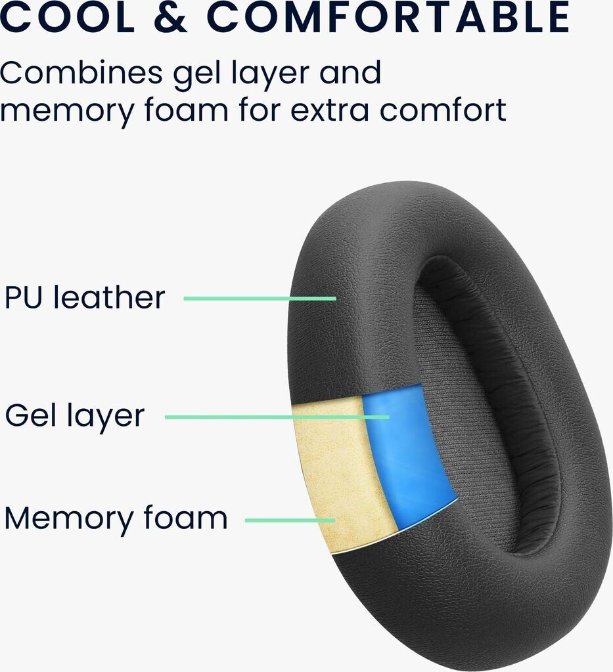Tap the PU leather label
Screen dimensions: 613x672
pyautogui.click(x=85, y=297)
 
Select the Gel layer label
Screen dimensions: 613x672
pyautogui.click(x=74, y=415)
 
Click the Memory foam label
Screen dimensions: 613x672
pyautogui.click(x=116, y=518)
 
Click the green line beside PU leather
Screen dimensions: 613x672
pyautogui.click(x=260, y=299)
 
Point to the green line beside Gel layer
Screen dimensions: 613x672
pyautogui.click(x=276, y=417)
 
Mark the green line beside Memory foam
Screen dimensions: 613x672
pyautogui.click(x=290, y=520)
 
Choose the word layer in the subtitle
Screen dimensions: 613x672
pyautogui.click(x=266, y=73)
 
